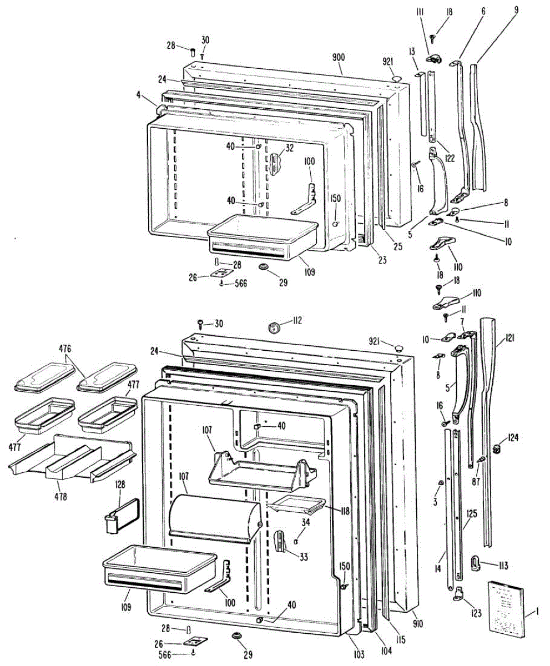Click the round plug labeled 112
pos(274,327)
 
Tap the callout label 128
pos(119,485)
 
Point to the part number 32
pos(289,148)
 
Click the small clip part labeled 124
pos(498,447)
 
